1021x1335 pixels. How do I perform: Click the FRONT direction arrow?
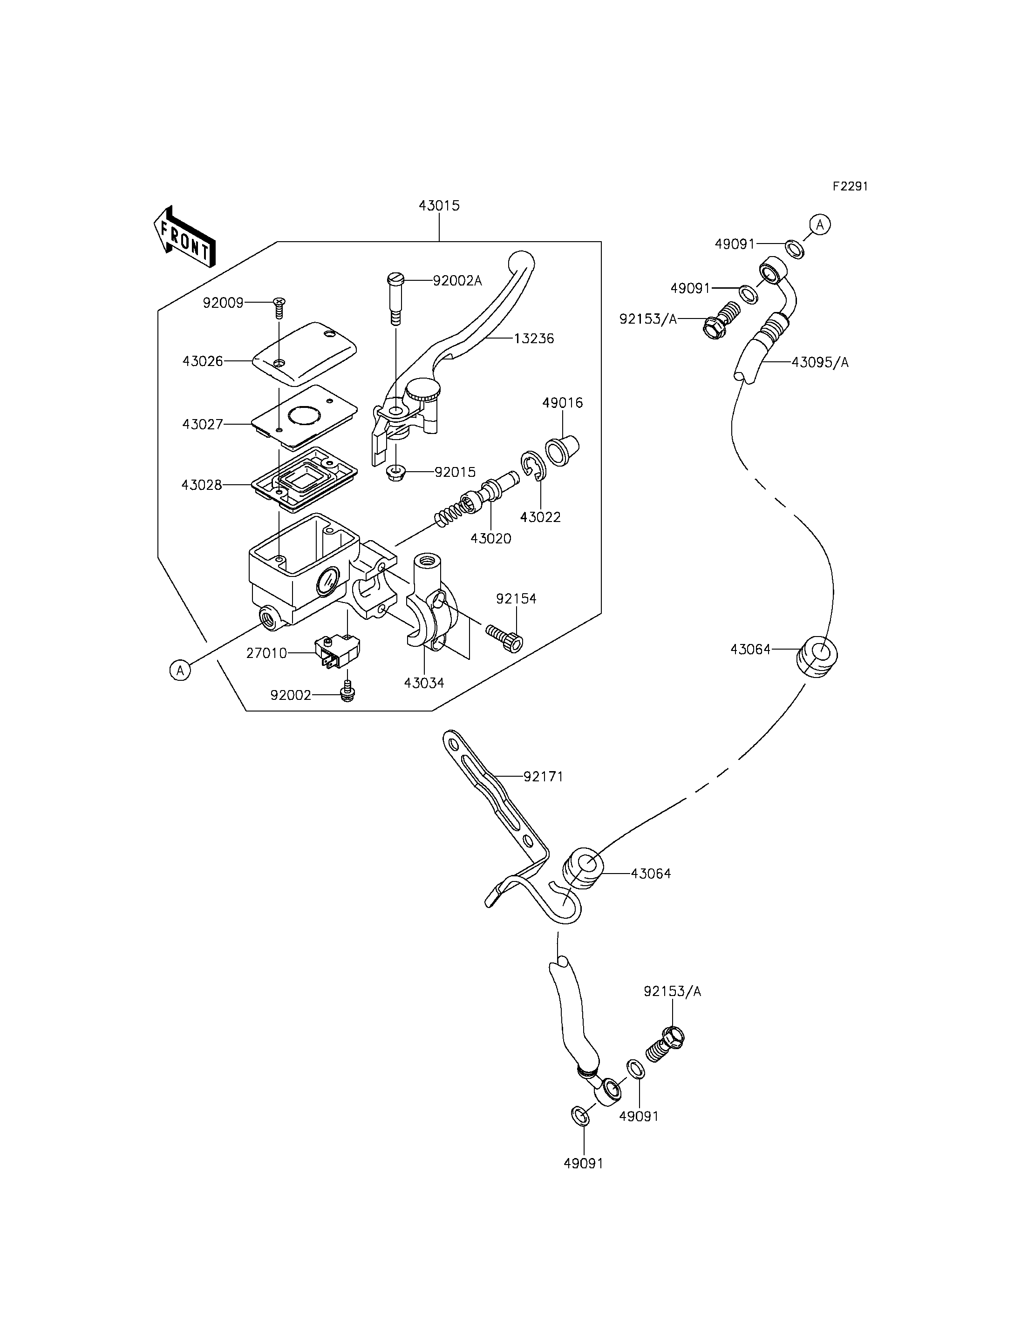click(x=184, y=237)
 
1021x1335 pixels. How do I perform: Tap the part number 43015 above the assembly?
click(x=439, y=205)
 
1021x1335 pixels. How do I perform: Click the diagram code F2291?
click(x=850, y=187)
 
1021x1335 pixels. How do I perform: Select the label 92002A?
click(x=457, y=280)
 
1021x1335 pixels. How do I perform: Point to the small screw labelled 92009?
click(x=279, y=308)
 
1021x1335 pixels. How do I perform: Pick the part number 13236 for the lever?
click(x=534, y=339)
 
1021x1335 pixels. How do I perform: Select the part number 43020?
click(x=491, y=538)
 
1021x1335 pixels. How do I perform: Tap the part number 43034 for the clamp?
click(x=424, y=683)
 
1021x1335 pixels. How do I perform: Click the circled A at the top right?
click(x=820, y=225)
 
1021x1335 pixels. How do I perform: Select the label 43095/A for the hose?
click(x=820, y=363)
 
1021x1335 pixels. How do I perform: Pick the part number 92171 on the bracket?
click(x=543, y=777)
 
